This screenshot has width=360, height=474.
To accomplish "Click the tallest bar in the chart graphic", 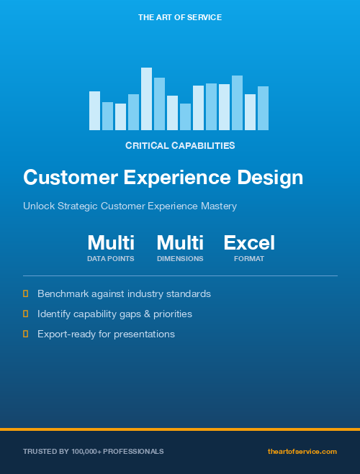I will pos(146,99).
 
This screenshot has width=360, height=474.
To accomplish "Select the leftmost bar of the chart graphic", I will pos(94,111).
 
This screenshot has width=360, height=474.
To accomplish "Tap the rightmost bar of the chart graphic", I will pos(263,109).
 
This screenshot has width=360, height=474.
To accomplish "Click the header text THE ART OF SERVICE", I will pos(180,17).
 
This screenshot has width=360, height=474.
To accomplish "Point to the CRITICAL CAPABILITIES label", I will pos(180,145).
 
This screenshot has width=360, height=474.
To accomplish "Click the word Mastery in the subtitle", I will pos(219,206).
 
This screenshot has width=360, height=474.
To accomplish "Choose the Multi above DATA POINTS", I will pos(111,242).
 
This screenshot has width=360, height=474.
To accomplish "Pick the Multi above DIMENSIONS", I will pos(180,242).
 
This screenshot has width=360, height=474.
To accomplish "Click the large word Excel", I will pos(249,242).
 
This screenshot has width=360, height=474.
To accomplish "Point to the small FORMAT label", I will pos(249,259).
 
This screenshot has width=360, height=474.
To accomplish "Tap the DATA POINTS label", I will pos(111,259).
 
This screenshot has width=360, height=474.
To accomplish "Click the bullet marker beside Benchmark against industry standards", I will pos(26,293).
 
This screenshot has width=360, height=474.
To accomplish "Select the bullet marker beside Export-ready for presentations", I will pos(26,334).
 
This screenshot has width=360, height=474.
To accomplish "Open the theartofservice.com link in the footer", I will pos(302,451).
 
